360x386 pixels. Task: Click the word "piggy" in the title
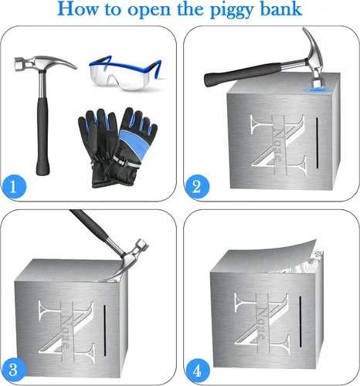[x=231, y=11]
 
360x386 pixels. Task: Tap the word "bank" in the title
[x=281, y=8]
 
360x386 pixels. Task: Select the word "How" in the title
[x=77, y=8]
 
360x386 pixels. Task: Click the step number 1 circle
[x=14, y=187]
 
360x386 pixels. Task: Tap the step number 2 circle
[x=197, y=187]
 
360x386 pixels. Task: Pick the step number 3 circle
[x=14, y=370]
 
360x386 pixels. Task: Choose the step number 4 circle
[x=197, y=371]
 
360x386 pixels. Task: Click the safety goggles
[x=125, y=73]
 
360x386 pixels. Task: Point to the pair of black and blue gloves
[x=117, y=147]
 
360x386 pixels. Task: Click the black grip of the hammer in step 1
[x=42, y=137]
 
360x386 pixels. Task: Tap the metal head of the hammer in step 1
[x=44, y=63]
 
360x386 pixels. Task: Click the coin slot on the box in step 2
[x=317, y=143]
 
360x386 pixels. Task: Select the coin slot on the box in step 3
[x=105, y=330]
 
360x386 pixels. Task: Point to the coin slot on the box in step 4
[x=301, y=322]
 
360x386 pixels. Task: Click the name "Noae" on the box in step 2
[x=277, y=144]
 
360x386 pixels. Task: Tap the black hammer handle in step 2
[x=243, y=74]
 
